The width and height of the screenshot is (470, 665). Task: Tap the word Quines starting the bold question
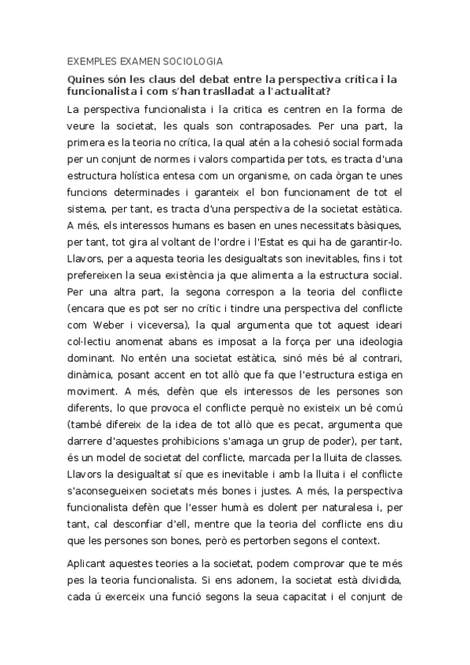(86, 79)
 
